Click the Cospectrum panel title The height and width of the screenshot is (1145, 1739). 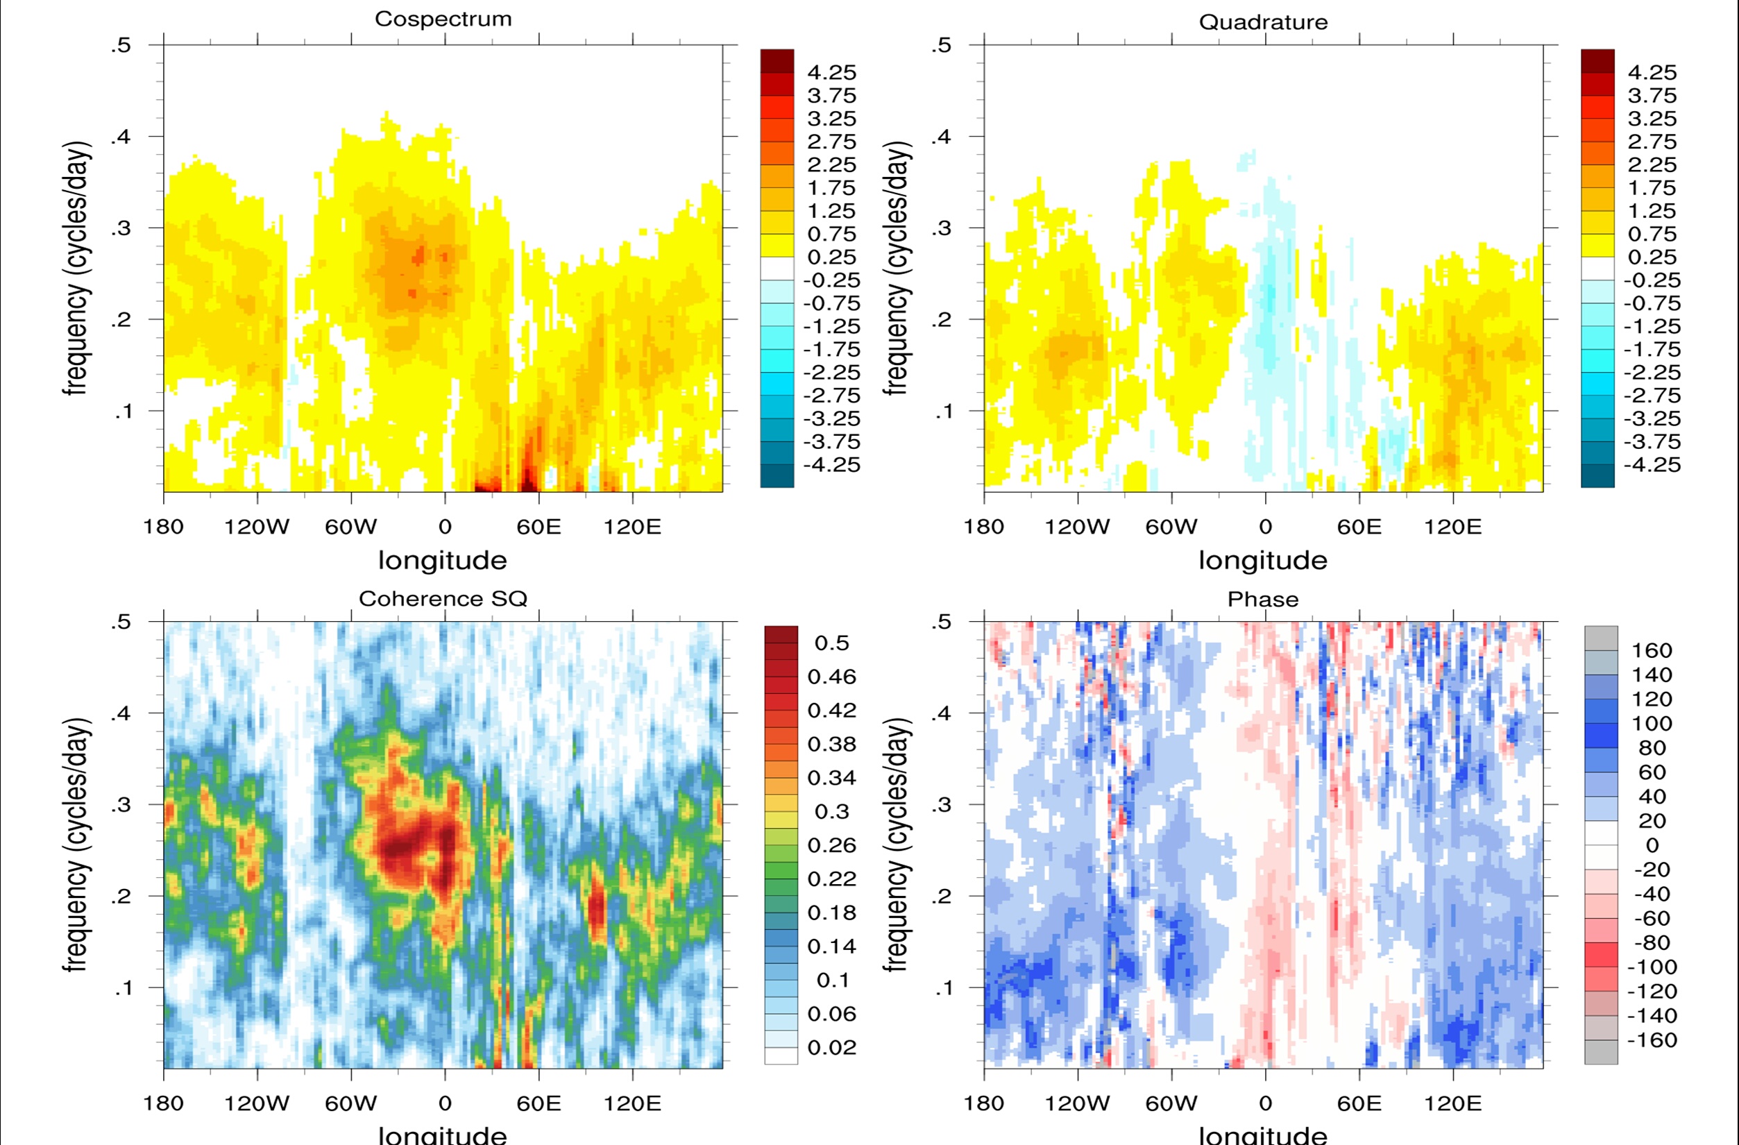443,19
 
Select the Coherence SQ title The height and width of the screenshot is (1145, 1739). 443,598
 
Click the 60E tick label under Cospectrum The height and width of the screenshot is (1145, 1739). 538,527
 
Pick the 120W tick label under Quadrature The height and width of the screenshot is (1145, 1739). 1077,527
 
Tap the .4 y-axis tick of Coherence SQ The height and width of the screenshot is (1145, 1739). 121,713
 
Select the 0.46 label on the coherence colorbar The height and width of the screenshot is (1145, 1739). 831,677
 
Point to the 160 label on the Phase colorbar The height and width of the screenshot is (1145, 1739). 1652,650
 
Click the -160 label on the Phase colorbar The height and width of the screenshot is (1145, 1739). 1652,1040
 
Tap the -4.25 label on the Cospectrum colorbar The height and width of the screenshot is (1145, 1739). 831,465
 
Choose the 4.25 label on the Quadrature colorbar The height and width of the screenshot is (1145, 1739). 1652,72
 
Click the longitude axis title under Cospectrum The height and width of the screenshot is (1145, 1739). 443,561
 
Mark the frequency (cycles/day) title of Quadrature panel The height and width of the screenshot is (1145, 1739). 897,268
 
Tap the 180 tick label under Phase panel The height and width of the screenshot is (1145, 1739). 983,1103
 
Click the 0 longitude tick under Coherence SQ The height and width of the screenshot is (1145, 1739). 444,1103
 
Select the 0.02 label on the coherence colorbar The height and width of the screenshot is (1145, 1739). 831,1047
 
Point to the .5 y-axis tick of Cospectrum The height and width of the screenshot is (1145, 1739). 121,45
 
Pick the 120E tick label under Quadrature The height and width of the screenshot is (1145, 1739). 1452,527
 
